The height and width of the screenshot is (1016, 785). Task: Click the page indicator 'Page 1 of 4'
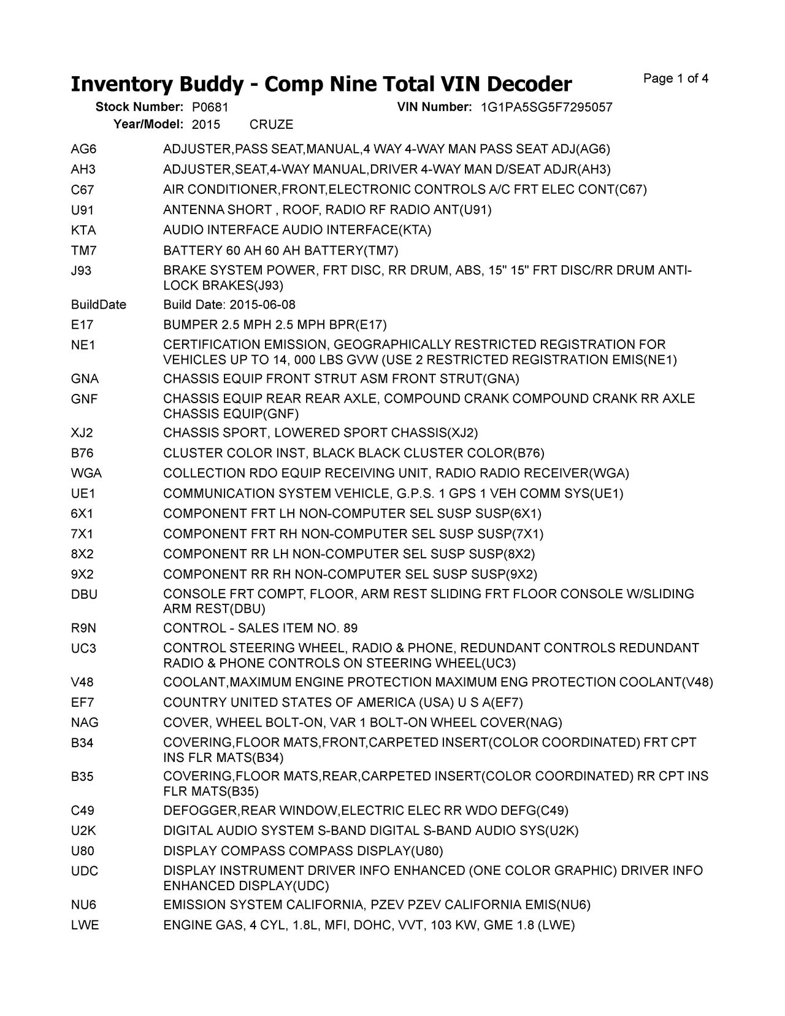[x=676, y=79]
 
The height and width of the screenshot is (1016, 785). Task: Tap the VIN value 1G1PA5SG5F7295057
[x=546, y=107]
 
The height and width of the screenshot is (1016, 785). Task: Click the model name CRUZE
[x=272, y=125]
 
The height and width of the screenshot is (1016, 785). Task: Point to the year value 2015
[x=206, y=125]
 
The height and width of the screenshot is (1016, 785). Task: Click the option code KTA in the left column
[x=83, y=231]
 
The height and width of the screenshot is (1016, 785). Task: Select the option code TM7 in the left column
[x=84, y=251]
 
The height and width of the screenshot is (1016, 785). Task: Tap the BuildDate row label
[x=99, y=305]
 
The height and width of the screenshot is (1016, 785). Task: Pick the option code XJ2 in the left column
[x=82, y=433]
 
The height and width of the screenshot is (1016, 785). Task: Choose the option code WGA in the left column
[x=86, y=474]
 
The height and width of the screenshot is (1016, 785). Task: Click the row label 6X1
[x=82, y=514]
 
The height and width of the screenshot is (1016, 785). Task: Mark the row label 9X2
[x=82, y=575]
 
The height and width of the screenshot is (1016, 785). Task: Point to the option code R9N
[x=83, y=628]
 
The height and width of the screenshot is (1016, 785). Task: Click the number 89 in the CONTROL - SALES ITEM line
[x=350, y=628]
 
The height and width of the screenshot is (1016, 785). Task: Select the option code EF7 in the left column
[x=83, y=702]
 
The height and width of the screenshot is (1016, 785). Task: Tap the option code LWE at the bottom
[x=85, y=925]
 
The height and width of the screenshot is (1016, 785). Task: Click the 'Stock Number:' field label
[x=139, y=107]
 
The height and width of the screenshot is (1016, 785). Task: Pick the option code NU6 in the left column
[x=84, y=905]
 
